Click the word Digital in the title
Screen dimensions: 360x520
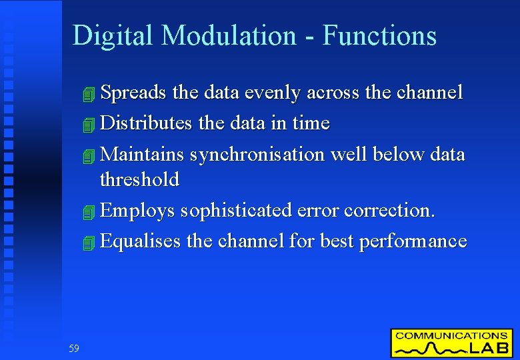coord(112,36)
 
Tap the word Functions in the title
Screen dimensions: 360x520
coord(379,36)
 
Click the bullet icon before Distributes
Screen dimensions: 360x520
coord(91,124)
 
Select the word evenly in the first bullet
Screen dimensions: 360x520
coord(270,93)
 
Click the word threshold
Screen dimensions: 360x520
coord(139,179)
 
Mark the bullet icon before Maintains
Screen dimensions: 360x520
coord(91,155)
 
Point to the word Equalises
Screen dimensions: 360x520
coord(141,241)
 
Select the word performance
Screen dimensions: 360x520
coord(413,241)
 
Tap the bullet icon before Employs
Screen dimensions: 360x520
coord(91,211)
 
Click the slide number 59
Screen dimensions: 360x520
coord(73,348)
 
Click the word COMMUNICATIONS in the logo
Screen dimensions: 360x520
coord(451,336)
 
